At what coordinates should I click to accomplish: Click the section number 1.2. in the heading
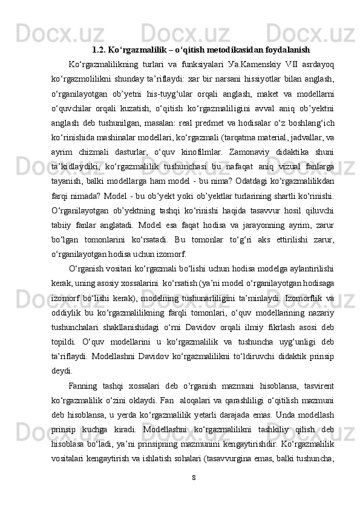(x=99, y=48)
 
